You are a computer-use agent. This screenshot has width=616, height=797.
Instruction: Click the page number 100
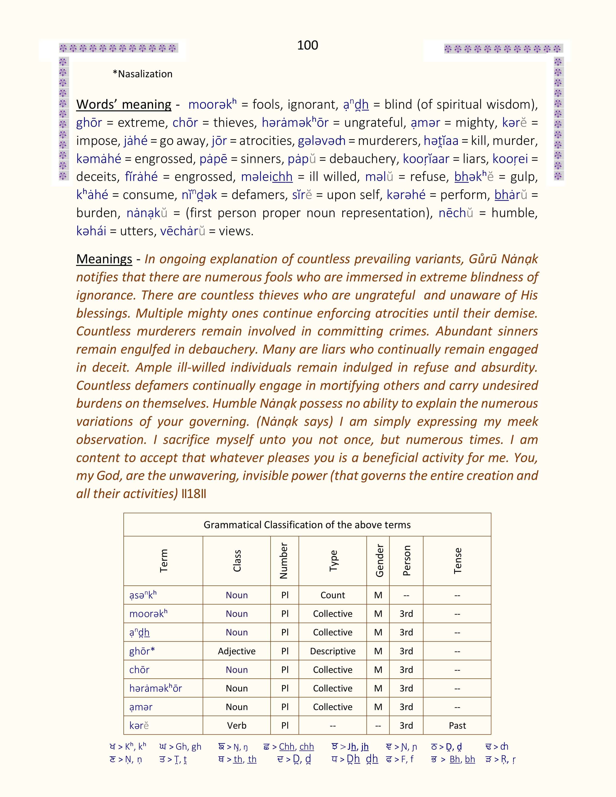307,45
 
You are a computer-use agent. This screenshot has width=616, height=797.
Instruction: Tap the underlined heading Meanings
104,259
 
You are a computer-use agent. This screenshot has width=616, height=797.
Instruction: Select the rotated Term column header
164,561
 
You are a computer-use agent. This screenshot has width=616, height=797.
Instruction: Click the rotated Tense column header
458,561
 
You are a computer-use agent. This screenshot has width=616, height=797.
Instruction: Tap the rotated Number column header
284,561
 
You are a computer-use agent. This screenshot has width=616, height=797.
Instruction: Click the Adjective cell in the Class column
236,651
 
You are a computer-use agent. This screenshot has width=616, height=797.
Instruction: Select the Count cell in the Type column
332,595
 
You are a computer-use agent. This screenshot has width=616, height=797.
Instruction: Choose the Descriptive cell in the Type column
332,651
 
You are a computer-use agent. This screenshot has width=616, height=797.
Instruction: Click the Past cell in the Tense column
457,726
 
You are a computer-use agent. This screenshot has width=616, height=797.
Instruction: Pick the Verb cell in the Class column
236,726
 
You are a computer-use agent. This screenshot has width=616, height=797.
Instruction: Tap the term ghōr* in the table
142,651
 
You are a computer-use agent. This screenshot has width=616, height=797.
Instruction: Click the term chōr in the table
139,670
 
